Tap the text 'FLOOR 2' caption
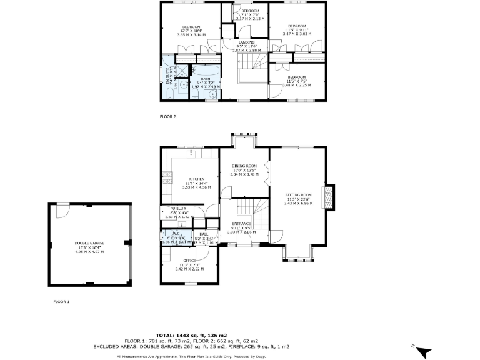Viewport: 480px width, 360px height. click(x=168, y=116)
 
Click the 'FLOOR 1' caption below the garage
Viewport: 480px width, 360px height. click(x=62, y=301)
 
